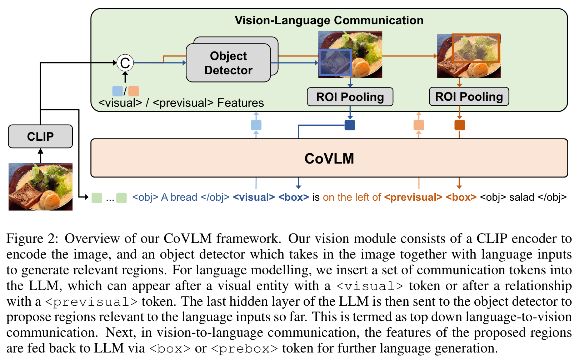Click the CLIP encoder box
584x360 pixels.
[x=40, y=136]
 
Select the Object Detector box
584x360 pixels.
[x=228, y=63]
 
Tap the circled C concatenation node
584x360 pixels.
[x=125, y=63]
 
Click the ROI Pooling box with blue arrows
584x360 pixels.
[x=350, y=97]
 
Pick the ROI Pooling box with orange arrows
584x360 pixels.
[x=469, y=96]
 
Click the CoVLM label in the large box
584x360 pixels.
[x=329, y=159]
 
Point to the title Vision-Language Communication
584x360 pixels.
[x=329, y=20]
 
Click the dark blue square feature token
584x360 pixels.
[x=350, y=125]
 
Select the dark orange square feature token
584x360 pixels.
[x=459, y=125]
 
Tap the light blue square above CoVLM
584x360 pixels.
[x=256, y=125]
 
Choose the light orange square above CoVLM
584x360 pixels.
[x=419, y=125]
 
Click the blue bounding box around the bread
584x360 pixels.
[x=335, y=62]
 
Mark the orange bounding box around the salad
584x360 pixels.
[x=475, y=48]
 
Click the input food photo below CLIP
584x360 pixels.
[x=40, y=187]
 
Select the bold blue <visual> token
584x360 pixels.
[x=254, y=197]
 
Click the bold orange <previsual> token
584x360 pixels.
[x=413, y=197]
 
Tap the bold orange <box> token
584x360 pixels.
[x=461, y=197]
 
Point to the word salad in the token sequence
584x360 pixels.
[x=521, y=197]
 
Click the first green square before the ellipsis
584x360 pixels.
[x=97, y=198]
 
